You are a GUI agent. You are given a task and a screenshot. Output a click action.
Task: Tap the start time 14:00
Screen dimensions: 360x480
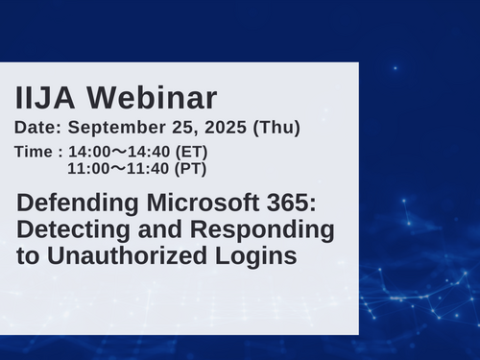tap(89, 152)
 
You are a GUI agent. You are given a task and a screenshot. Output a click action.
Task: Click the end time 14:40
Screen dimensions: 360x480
tap(153, 152)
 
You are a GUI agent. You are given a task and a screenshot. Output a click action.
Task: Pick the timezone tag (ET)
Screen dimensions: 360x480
tap(192, 152)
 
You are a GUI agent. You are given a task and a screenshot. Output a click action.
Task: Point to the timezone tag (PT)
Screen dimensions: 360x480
tap(192, 169)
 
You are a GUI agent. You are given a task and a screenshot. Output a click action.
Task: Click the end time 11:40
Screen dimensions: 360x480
tap(153, 169)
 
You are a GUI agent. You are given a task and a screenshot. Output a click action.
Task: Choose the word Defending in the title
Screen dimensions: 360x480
tap(73, 204)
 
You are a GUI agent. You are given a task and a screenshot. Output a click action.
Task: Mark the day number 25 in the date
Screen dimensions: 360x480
tap(188, 127)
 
